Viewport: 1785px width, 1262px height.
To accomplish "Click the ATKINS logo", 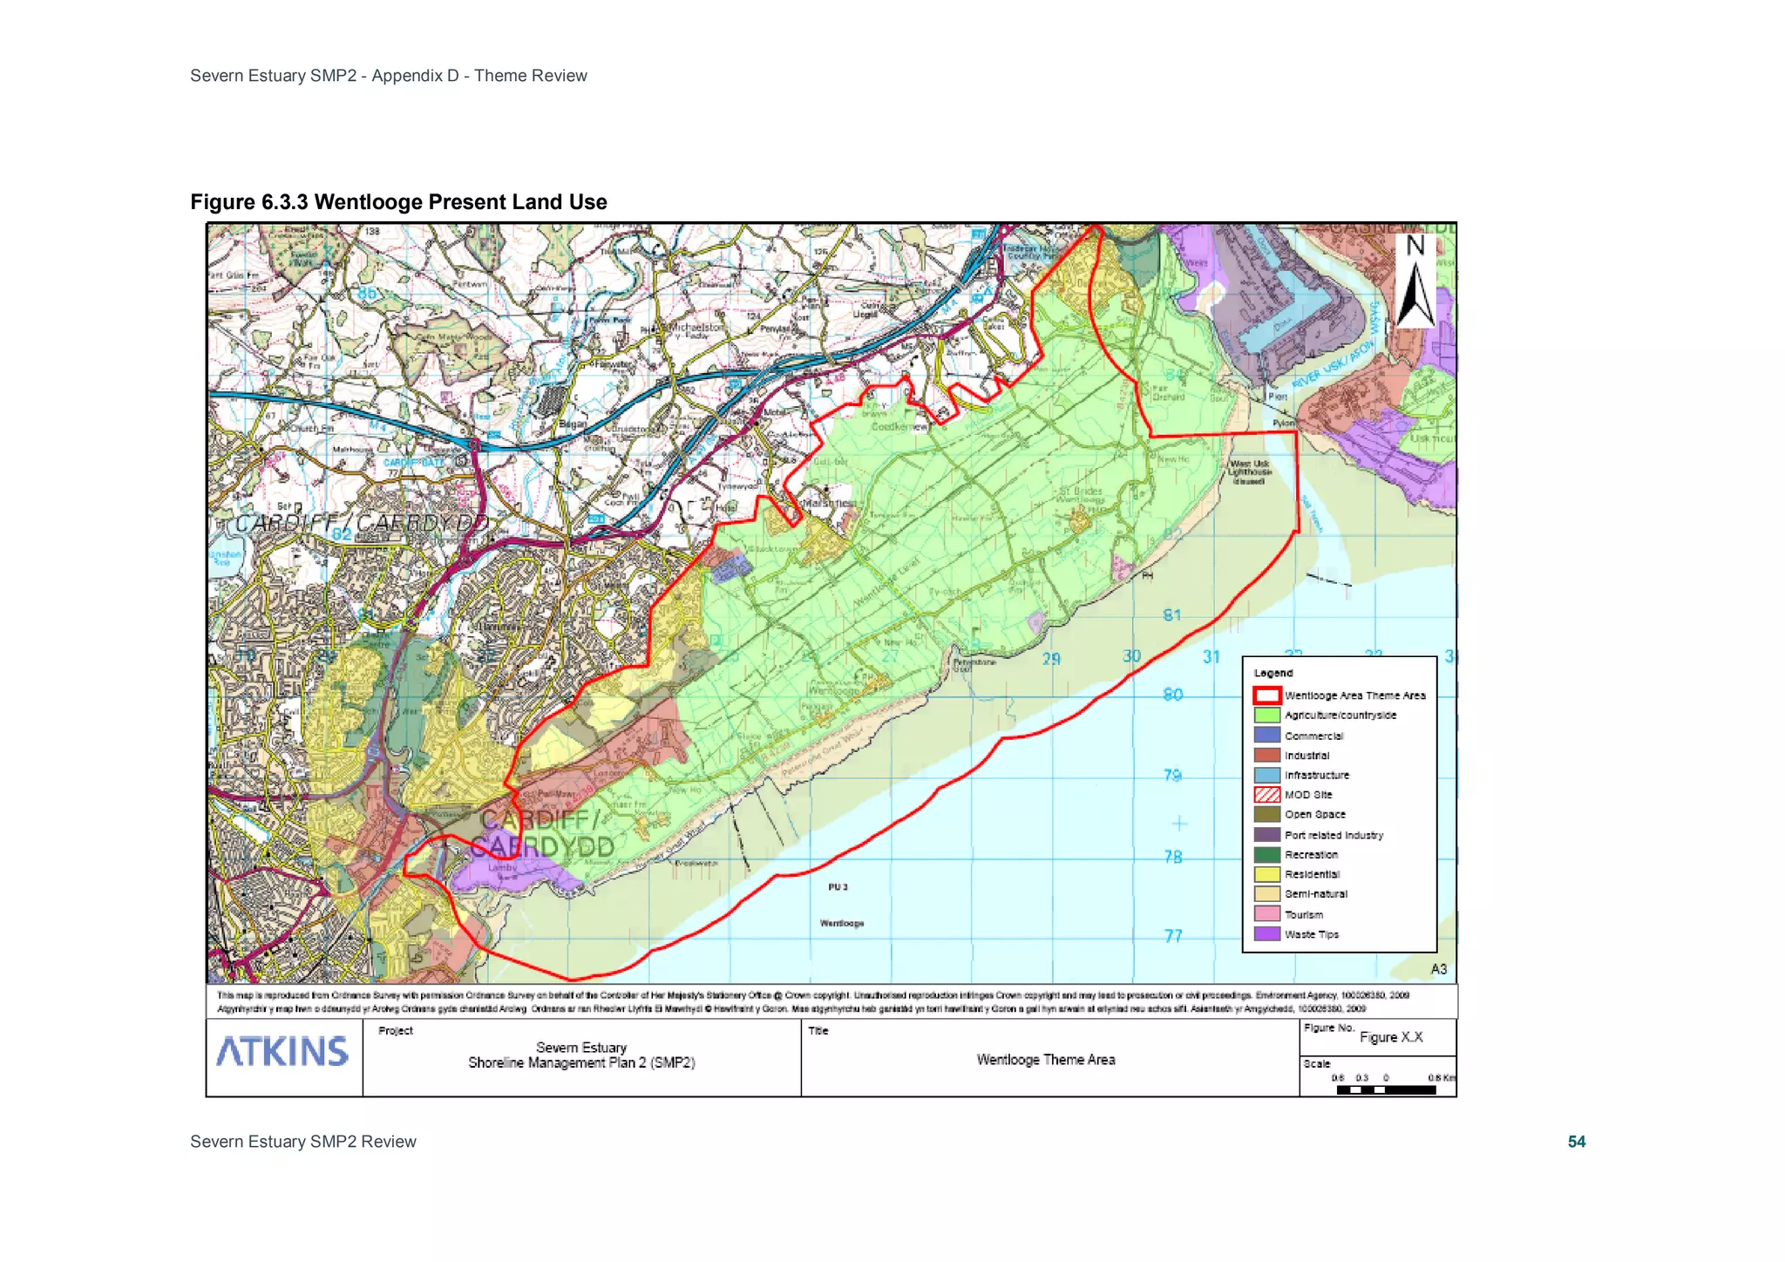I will pyautogui.click(x=282, y=1051).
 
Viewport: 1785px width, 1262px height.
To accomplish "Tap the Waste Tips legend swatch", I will pyautogui.click(x=1266, y=934).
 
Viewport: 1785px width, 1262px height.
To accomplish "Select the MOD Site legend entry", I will pyautogui.click(x=1307, y=795).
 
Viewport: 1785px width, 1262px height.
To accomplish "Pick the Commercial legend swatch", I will pyautogui.click(x=1266, y=736).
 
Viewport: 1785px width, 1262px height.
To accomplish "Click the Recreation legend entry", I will pyautogui.click(x=1311, y=855).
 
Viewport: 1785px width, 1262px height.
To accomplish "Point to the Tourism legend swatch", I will pyautogui.click(x=1266, y=914).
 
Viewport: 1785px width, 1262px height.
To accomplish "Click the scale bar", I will pyautogui.click(x=1386, y=1089).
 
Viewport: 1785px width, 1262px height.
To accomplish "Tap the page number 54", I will pyautogui.click(x=1576, y=1142).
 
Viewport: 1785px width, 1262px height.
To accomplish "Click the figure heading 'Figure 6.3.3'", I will pyautogui.click(x=249, y=202).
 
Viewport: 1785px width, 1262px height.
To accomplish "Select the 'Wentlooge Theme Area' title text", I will pyautogui.click(x=1045, y=1060).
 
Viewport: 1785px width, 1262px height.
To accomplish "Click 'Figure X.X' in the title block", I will pyautogui.click(x=1391, y=1037).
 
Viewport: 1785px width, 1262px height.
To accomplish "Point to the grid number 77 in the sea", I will pyautogui.click(x=1174, y=936).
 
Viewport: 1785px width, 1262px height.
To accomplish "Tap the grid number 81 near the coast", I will pyautogui.click(x=1172, y=615).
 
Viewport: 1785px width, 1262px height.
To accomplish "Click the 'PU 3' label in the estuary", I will pyautogui.click(x=838, y=887).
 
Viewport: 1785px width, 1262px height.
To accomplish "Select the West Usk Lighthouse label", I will pyautogui.click(x=1249, y=472).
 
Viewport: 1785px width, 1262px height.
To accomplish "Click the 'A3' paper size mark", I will pyautogui.click(x=1438, y=969).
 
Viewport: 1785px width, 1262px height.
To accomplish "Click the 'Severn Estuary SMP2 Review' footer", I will pyautogui.click(x=303, y=1142).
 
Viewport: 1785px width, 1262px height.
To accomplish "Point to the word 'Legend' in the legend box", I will pyautogui.click(x=1273, y=673).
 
